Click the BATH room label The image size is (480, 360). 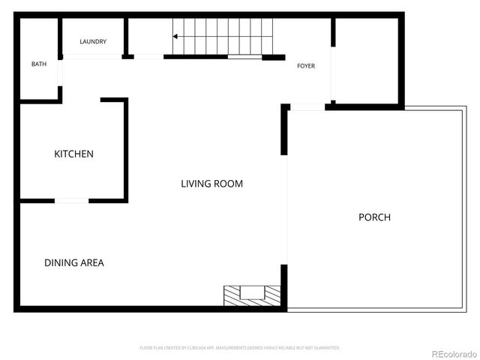pos(39,64)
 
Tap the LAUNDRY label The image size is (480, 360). pos(94,42)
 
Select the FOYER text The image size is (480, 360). pos(306,66)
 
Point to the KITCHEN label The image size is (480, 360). pos(73,154)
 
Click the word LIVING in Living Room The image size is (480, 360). pos(196,184)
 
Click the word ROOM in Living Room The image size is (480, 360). pos(229,184)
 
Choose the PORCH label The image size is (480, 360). pos(374,217)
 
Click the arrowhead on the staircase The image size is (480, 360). pos(175,36)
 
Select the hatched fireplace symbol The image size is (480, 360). pos(252,295)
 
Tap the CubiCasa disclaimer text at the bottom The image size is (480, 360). pos(240,348)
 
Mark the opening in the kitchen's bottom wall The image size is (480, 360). pos(72,200)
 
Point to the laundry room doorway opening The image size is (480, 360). pos(148,56)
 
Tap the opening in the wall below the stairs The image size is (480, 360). pos(244,56)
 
